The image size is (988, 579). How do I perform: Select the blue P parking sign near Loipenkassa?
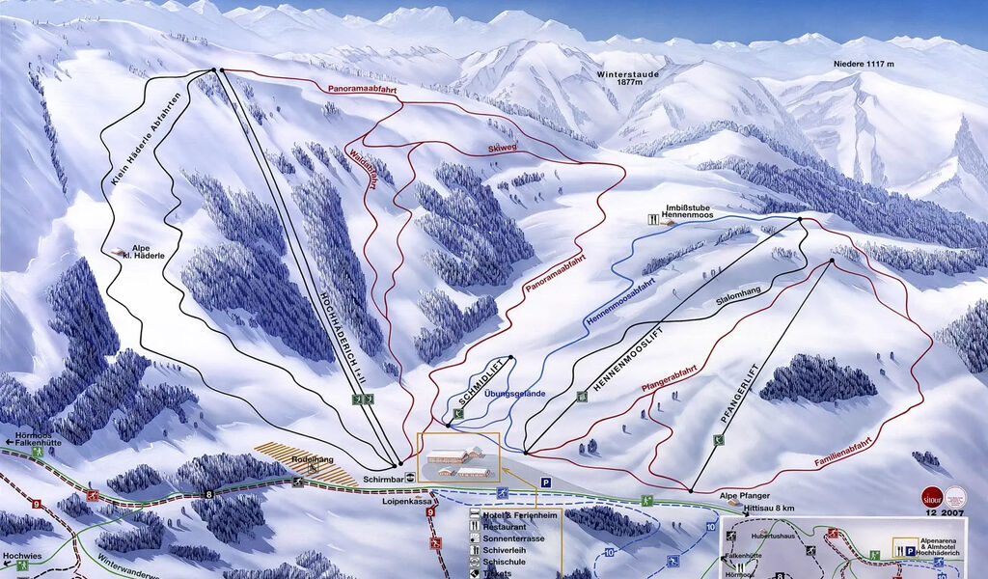click(545, 482)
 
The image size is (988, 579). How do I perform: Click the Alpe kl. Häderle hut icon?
click(118, 252)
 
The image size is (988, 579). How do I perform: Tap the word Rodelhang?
click(308, 460)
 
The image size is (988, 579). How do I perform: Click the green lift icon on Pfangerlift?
click(718, 440)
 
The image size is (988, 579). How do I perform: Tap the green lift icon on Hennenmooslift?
click(581, 396)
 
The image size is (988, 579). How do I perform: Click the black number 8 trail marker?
click(208, 495)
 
